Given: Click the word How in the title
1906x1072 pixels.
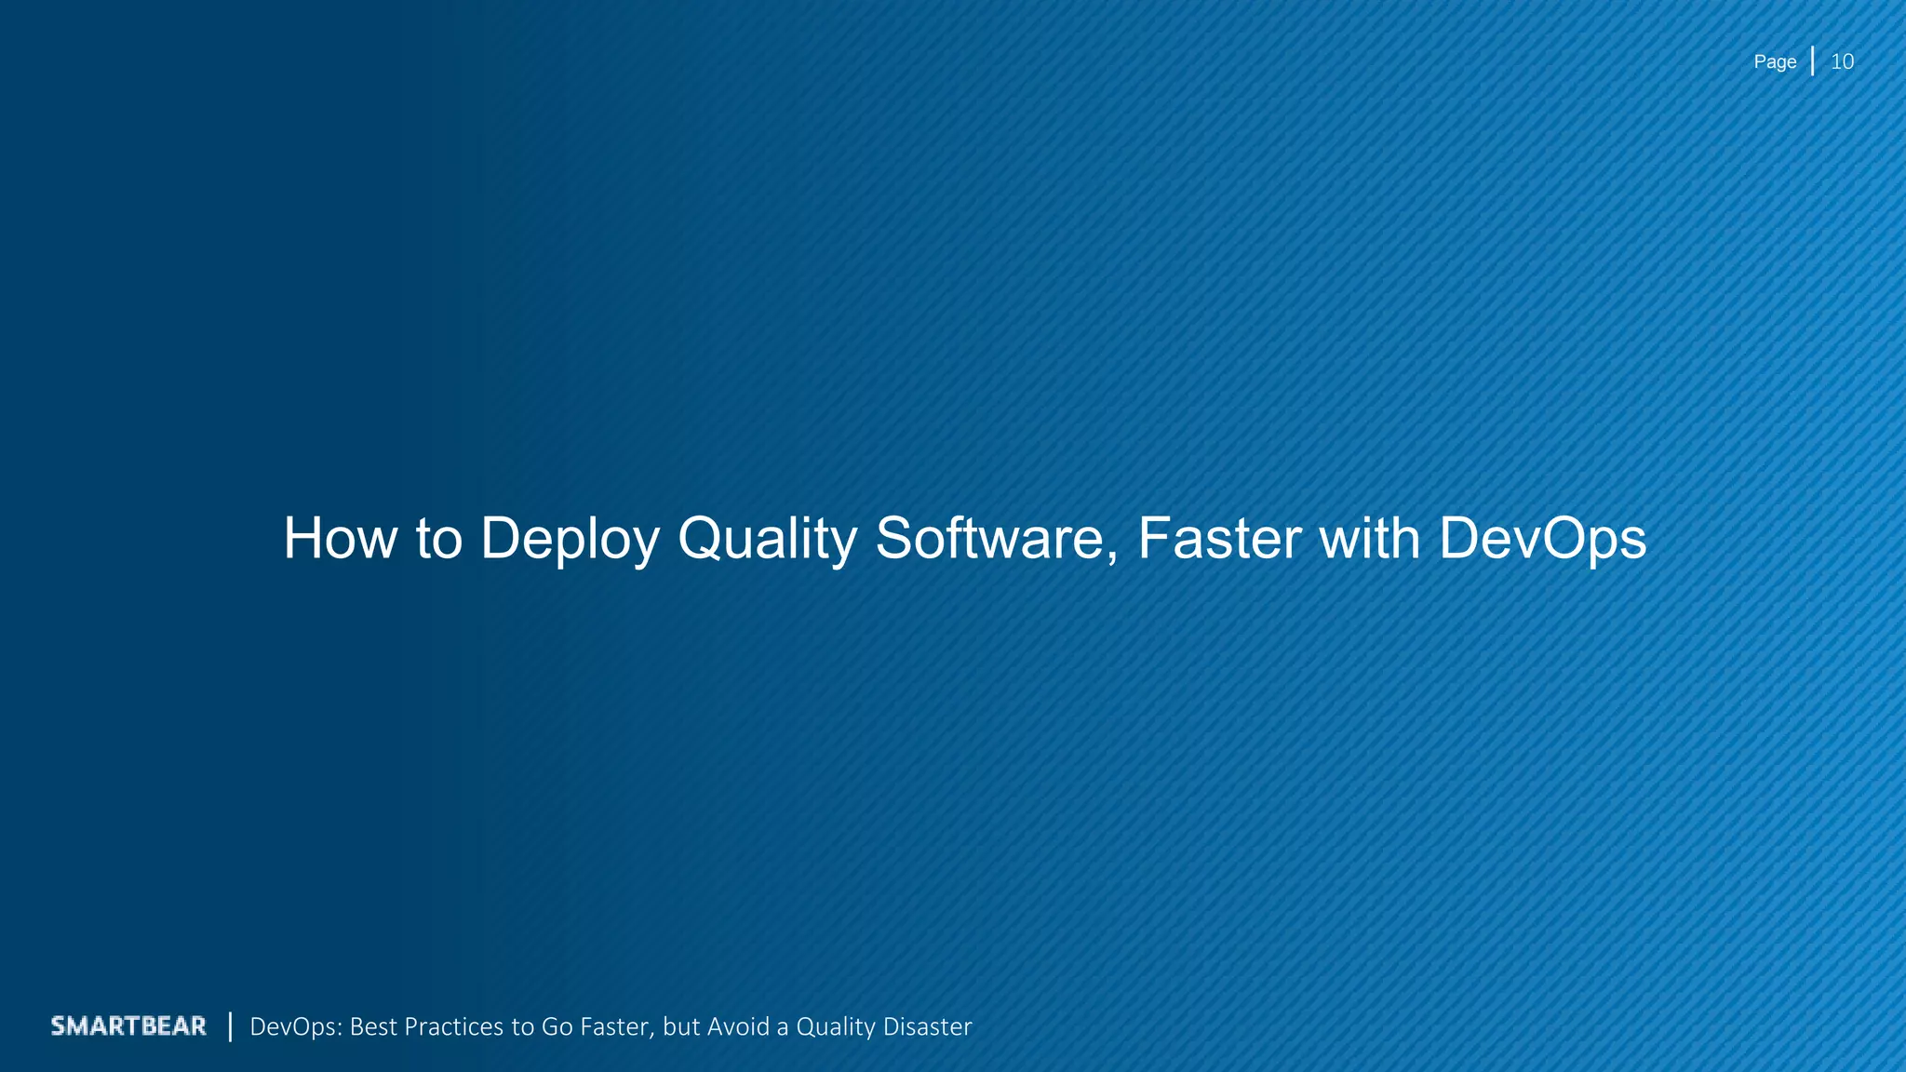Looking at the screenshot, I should pos(341,539).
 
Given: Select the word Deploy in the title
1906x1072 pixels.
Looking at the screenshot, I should pos(569,540).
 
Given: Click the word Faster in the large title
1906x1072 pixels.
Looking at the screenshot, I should pos(1218,539).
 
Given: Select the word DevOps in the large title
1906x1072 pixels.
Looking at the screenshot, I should pos(1542,540).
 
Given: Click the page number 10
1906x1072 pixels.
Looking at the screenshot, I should pos(1842,62).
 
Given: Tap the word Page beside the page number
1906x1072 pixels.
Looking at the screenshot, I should pos(1775,62).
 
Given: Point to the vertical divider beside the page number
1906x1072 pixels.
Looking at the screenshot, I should pos(1812,61).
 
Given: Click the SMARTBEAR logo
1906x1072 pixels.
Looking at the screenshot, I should pos(128,1025).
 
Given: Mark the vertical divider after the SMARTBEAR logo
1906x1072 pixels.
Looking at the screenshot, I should pos(230,1026).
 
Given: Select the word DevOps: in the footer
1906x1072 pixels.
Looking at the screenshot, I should pos(297,1026).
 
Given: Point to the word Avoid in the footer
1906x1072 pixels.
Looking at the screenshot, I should pos(739,1026).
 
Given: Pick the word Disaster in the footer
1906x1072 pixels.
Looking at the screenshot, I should pos(927,1026).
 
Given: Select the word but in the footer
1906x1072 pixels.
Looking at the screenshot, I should pos(680,1026).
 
